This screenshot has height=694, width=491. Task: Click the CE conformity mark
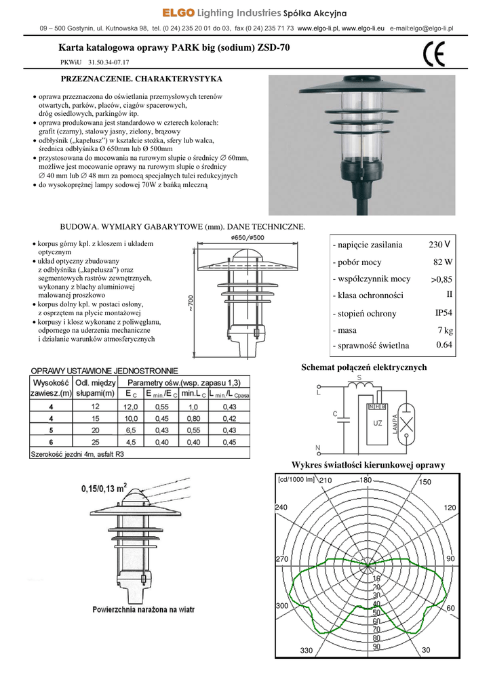(x=433, y=54)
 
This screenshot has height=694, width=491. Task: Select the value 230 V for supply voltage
(x=439, y=244)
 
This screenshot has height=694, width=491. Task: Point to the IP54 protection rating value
(x=444, y=313)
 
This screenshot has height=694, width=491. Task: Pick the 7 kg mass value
(x=445, y=330)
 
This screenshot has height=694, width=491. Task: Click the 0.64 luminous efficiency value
(x=444, y=345)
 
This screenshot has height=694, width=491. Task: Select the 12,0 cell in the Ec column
(x=130, y=407)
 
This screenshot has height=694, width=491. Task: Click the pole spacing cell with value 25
(x=95, y=442)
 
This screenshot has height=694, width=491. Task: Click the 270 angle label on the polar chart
(x=282, y=558)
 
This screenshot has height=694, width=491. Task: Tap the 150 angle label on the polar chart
(x=425, y=482)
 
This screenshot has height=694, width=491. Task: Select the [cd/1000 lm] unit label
(x=296, y=480)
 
